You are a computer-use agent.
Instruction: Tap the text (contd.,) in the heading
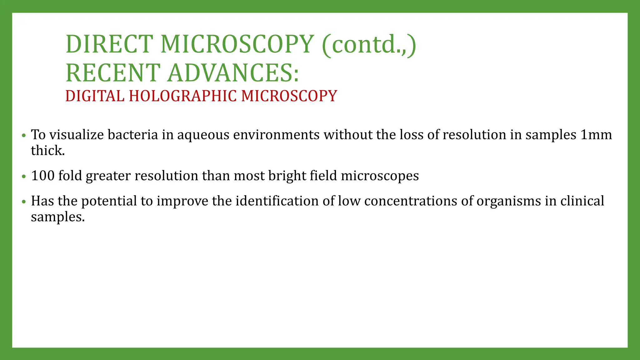(x=369, y=44)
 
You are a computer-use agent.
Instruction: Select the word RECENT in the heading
(x=113, y=73)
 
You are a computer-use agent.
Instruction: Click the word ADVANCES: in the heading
(x=233, y=73)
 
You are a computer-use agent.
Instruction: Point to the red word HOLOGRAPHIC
(x=183, y=96)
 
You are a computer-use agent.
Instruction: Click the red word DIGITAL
(x=95, y=96)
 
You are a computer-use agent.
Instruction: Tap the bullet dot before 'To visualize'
(x=24, y=136)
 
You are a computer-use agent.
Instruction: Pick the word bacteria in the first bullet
(x=133, y=135)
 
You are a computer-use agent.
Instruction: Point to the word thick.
(x=47, y=151)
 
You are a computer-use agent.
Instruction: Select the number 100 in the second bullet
(x=43, y=176)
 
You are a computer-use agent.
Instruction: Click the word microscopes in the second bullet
(x=380, y=176)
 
